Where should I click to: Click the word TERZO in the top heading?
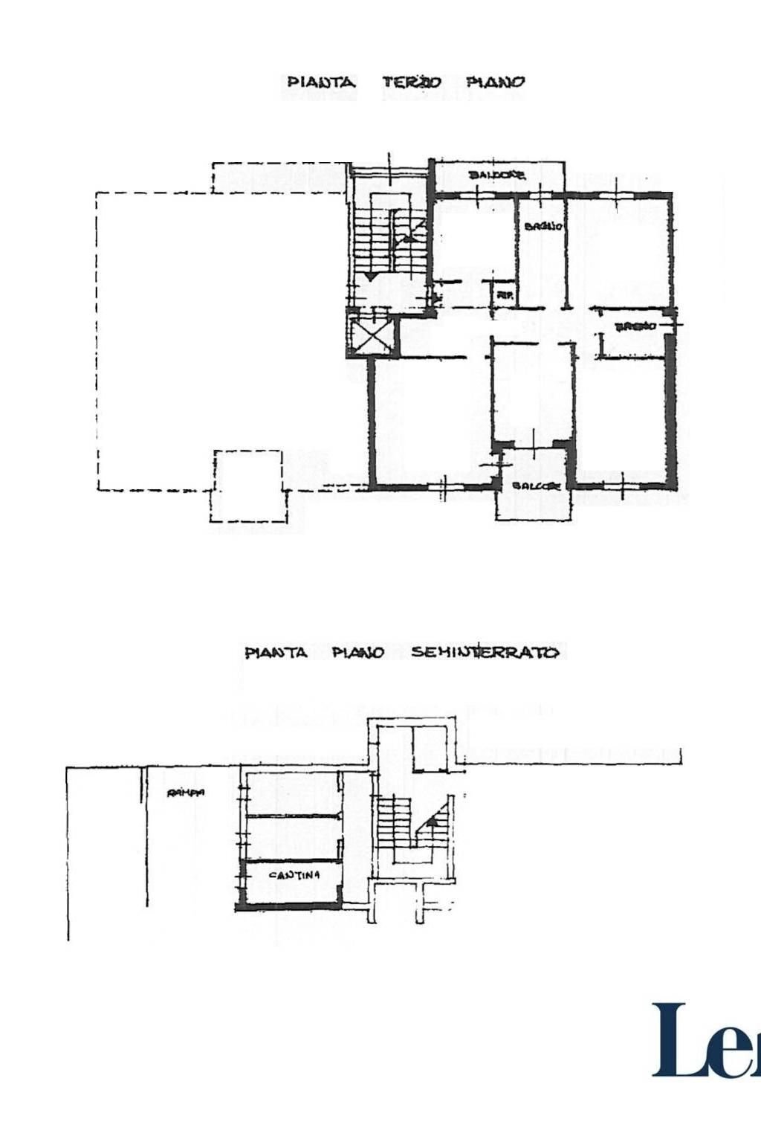[412, 82]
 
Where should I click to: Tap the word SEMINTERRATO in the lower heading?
[485, 653]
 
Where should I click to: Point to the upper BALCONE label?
[497, 175]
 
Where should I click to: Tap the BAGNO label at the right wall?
[635, 326]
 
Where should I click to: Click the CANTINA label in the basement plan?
[294, 875]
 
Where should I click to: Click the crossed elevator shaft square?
[370, 336]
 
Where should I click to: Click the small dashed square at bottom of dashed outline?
[248, 485]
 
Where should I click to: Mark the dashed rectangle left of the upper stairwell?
[279, 178]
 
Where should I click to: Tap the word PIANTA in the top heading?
[321, 82]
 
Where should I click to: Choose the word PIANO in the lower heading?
[357, 653]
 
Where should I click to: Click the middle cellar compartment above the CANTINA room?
[292, 838]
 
